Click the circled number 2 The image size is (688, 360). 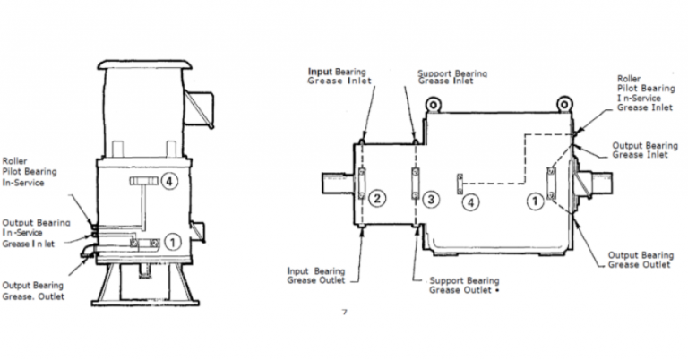click(378, 199)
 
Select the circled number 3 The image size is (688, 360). click(431, 199)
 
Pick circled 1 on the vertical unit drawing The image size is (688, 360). click(174, 239)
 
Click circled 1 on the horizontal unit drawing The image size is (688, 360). click(536, 201)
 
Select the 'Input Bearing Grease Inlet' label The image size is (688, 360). click(340, 75)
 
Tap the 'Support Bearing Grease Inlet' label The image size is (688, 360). click(452, 76)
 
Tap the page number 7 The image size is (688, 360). click(344, 313)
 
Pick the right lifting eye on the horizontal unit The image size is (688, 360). click(566, 104)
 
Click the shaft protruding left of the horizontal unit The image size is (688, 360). click(338, 184)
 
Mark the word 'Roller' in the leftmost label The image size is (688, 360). click(16, 162)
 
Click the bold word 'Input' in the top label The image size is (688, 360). click(321, 70)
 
